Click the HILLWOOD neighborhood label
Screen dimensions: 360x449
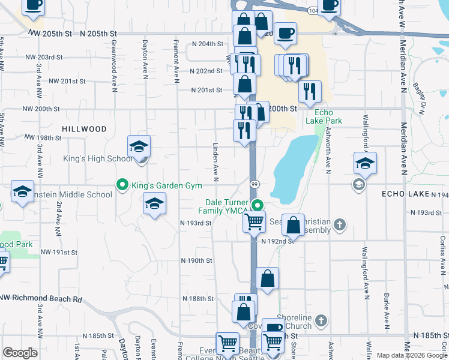(83, 129)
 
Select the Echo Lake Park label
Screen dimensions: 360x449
(328, 116)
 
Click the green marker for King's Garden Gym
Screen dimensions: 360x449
(122, 185)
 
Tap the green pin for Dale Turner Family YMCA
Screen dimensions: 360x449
(258, 205)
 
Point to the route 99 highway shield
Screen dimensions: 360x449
(255, 184)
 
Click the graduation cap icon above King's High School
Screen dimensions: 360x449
(139, 146)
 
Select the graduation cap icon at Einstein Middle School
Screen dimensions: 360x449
(22, 191)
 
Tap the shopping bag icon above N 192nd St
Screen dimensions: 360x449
(294, 226)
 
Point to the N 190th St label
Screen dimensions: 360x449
(197, 261)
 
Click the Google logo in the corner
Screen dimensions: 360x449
(20, 353)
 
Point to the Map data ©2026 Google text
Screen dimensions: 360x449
(412, 355)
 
